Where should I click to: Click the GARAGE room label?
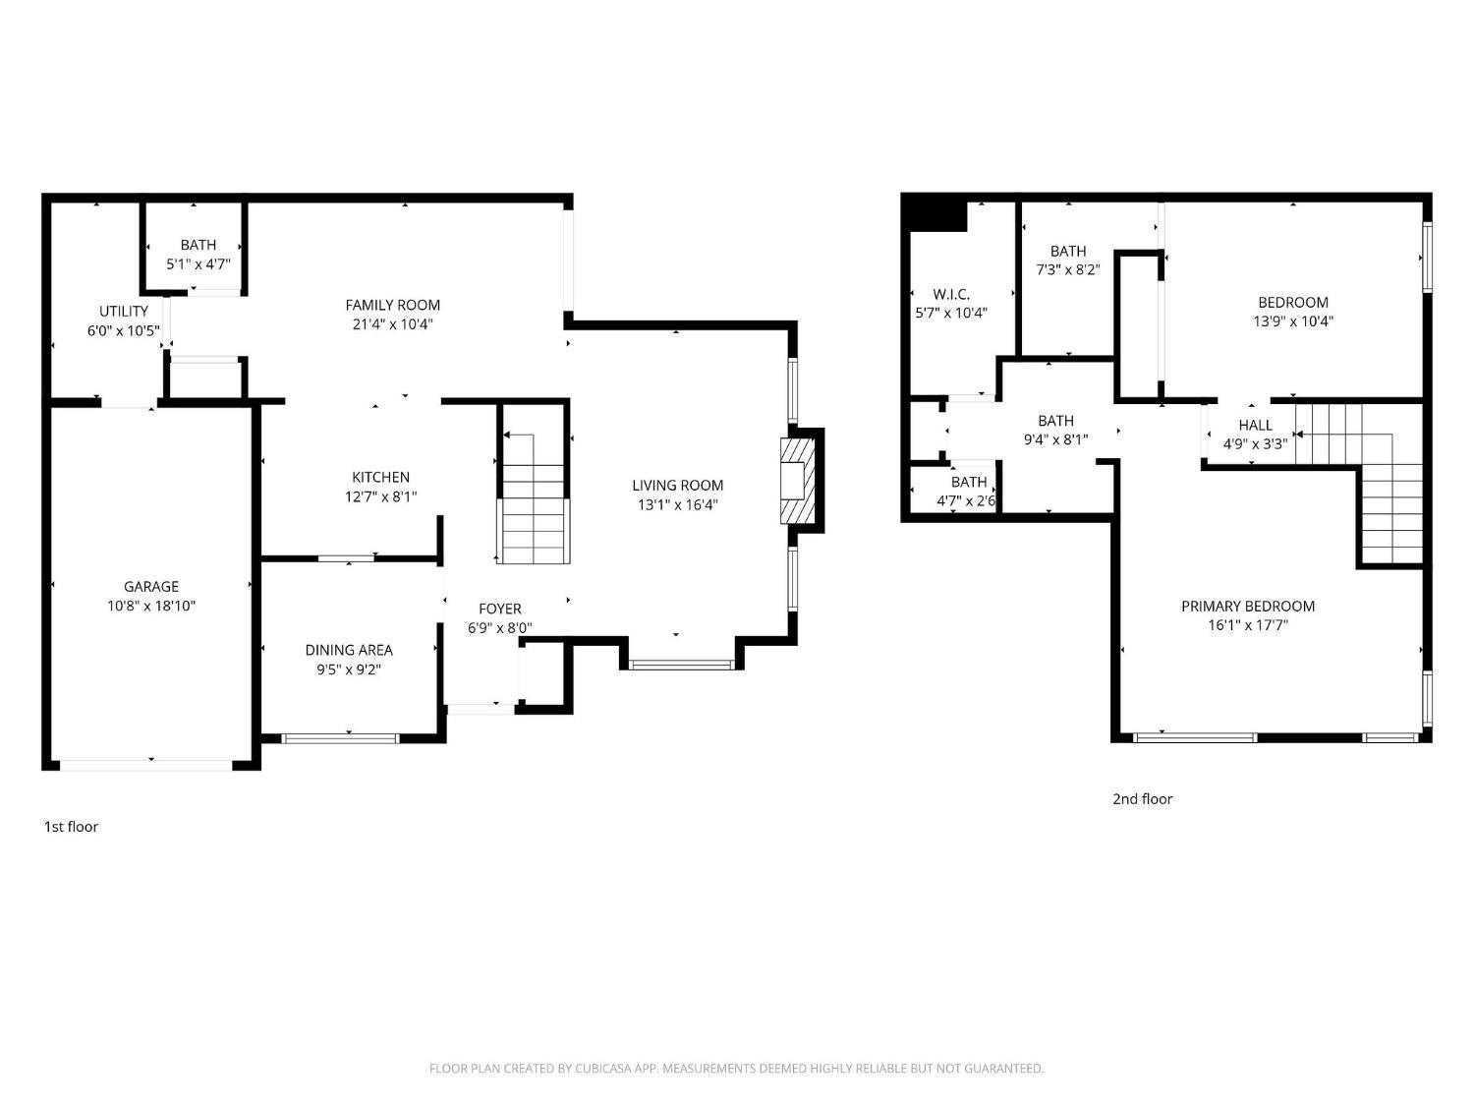click(151, 586)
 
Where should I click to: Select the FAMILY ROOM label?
click(393, 305)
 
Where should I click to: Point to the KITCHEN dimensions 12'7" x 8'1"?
click(380, 496)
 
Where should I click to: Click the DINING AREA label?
click(349, 650)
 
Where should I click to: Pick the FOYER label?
click(499, 609)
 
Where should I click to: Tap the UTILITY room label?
click(124, 311)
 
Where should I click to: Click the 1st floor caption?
click(71, 827)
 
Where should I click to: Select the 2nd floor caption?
click(1142, 799)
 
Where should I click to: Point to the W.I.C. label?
click(951, 294)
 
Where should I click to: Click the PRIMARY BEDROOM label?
click(1248, 606)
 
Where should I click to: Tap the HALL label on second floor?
click(1255, 425)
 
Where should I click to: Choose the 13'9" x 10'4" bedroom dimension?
click(1292, 321)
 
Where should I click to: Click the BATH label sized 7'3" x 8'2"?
click(1068, 251)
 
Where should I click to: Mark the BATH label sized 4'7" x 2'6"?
click(968, 482)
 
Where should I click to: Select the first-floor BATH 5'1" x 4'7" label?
click(198, 245)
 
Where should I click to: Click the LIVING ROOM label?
click(678, 485)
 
